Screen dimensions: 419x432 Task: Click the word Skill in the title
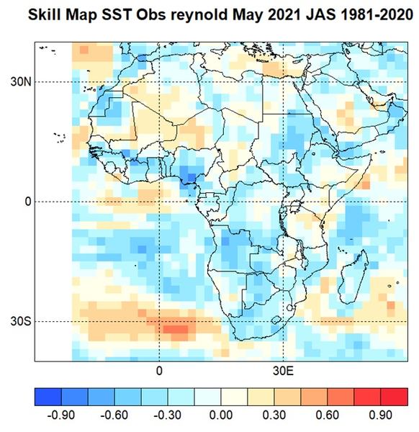click(45, 14)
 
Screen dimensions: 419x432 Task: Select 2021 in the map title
click(284, 14)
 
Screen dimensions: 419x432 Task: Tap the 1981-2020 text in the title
click(377, 14)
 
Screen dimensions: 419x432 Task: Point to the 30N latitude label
click(21, 82)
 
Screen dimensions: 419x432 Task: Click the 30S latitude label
click(21, 322)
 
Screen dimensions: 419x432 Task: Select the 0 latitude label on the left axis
click(28, 202)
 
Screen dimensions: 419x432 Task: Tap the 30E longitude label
click(284, 371)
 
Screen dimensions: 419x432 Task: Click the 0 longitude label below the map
click(159, 371)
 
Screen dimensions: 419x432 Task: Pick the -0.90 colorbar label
click(61, 415)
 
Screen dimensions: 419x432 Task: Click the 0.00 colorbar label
click(220, 415)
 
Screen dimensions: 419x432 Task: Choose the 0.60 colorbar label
click(328, 415)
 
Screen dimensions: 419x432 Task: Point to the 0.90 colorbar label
click(380, 415)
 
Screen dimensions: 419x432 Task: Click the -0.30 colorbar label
click(167, 415)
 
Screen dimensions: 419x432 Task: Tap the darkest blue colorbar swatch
click(48, 397)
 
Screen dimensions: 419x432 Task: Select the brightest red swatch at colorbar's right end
click(395, 397)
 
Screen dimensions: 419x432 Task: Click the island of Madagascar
click(353, 277)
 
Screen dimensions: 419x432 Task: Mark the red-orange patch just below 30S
click(176, 329)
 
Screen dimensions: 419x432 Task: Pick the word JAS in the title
click(320, 14)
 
